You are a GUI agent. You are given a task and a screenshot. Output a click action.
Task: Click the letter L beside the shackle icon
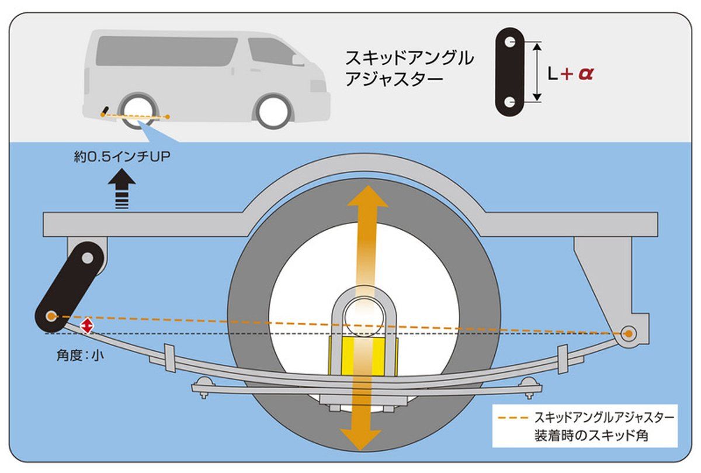point(553,74)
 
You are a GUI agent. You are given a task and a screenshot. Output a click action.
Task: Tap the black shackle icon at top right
point(510,71)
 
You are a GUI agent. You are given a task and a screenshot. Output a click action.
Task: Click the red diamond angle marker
point(87,326)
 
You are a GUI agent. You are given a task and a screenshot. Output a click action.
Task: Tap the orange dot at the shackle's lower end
point(51,316)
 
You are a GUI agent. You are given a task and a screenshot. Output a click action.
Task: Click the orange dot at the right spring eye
point(629,334)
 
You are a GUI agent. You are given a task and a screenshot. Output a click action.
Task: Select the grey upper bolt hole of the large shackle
point(87,257)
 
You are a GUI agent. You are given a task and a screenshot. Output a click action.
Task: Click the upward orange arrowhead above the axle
point(367,199)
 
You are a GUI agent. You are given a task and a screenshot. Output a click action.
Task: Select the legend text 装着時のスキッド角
point(591,436)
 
